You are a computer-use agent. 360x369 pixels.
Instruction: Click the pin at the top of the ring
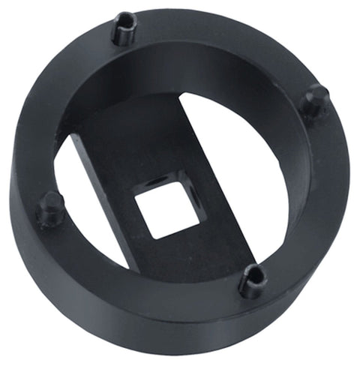124,28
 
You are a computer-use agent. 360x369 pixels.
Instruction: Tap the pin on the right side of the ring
314,101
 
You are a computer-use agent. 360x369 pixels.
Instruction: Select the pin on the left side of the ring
50,209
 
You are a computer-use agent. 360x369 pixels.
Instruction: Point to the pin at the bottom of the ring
253,280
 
